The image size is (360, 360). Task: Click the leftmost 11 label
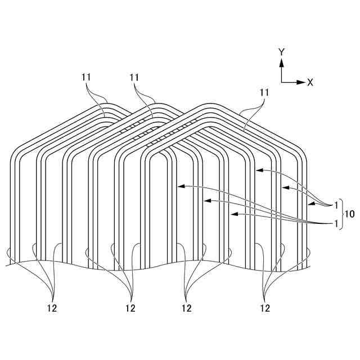85,76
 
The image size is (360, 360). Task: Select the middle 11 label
134,76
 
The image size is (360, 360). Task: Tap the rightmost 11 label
264,92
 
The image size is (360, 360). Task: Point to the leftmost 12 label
52,308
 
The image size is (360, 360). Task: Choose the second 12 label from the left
130,308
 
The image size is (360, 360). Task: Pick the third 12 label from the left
187,308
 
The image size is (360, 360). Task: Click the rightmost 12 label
265,308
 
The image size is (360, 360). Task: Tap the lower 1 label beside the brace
336,223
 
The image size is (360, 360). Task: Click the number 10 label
349,214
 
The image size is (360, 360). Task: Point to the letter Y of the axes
281,52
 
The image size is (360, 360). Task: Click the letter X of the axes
310,82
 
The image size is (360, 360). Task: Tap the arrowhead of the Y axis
281,60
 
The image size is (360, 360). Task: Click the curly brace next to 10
341,214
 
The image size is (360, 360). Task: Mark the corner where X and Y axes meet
281,82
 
